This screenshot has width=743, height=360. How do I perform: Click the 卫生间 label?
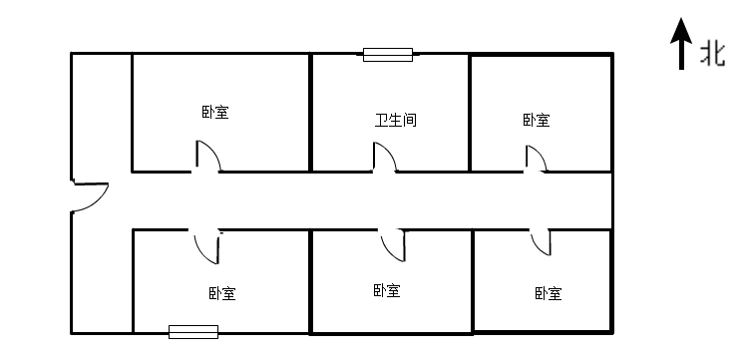pos(395,121)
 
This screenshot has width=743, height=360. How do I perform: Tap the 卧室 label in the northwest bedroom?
pos(214,112)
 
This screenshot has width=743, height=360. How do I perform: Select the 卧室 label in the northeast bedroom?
pos(536,121)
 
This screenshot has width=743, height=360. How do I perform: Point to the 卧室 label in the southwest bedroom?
pos(222,293)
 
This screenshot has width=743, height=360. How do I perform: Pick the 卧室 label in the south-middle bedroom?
pos(387,291)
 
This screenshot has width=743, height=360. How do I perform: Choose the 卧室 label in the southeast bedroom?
pos(549,293)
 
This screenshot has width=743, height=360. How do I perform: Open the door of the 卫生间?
pos(384,158)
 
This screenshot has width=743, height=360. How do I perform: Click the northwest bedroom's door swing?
pos(207,156)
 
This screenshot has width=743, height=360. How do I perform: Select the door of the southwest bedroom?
pos(207,245)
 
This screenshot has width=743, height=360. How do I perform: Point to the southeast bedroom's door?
pos(541,242)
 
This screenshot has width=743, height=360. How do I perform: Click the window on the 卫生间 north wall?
pos(388,55)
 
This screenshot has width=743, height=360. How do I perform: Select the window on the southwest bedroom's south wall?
pos(193,332)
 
